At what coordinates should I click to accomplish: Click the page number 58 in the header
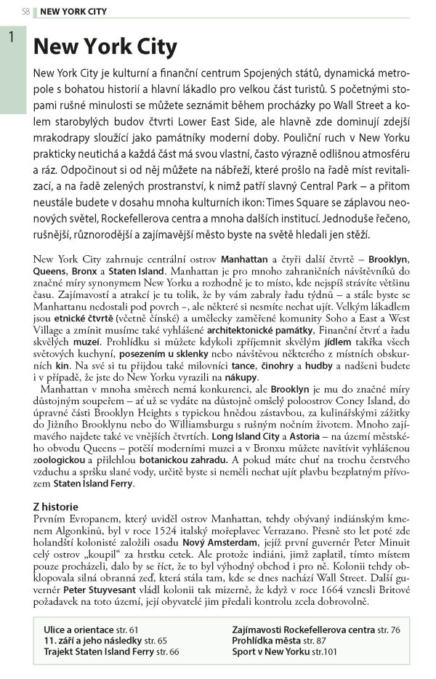[x=26, y=12]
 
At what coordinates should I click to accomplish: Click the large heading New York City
[x=105, y=47]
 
